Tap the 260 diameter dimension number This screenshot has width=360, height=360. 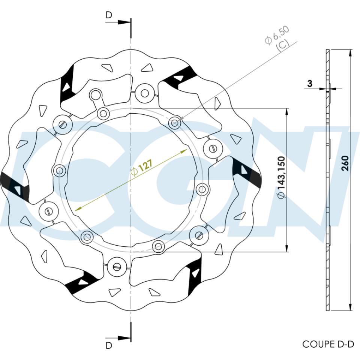tap(345, 163)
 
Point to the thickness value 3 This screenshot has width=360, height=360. tap(310, 84)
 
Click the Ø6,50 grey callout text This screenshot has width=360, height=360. tap(277, 38)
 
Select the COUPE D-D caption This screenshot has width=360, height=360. tap(328, 344)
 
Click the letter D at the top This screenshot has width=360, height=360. tap(109, 15)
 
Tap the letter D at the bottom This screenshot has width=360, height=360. tap(109, 345)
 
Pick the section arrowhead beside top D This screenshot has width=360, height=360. tap(124, 22)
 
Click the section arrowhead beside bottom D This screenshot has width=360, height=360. tap(124, 338)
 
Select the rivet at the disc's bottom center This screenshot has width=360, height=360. tap(116, 267)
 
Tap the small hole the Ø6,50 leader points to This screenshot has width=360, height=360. tap(174, 123)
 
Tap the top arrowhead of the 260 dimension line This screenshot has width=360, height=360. tap(349, 53)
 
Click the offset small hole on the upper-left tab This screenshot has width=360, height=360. tap(96, 94)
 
